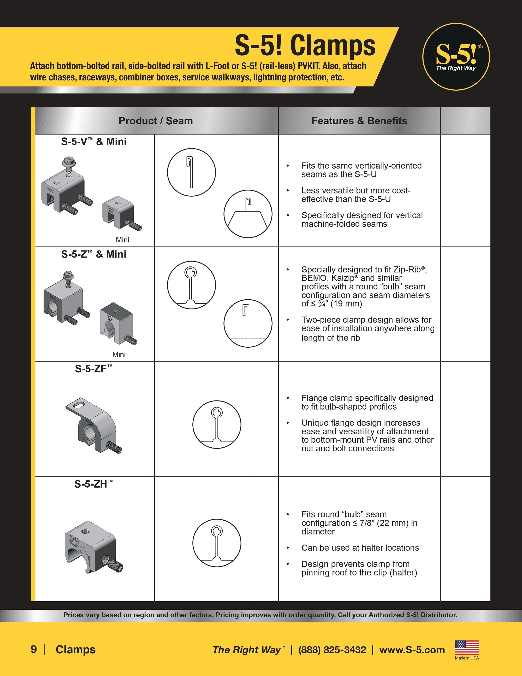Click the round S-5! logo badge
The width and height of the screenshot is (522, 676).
point(456,57)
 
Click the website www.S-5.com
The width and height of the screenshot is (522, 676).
point(412,650)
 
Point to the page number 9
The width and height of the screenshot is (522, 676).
point(34,649)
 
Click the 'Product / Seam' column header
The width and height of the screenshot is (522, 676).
point(156,121)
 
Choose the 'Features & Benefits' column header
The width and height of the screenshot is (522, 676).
point(359,121)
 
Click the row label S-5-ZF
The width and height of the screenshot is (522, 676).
point(93,369)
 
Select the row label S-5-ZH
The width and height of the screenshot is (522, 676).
point(93,484)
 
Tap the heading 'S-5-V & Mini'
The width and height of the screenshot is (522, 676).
point(94,142)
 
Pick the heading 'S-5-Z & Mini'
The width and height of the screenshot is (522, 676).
point(94,254)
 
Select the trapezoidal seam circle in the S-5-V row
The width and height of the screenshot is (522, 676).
point(248,214)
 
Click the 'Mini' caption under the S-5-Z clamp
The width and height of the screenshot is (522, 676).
point(119,355)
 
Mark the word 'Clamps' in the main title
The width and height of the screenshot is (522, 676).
point(333,45)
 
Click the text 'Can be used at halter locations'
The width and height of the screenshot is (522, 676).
point(360,547)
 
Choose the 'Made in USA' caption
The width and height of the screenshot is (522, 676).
point(467,658)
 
